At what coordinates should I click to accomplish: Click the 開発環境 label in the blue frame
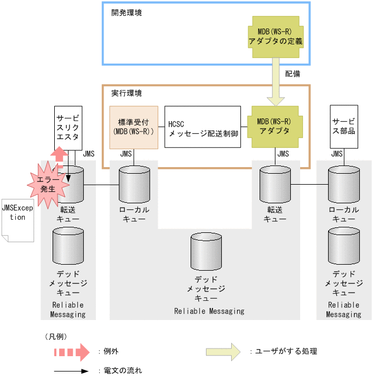click(127, 12)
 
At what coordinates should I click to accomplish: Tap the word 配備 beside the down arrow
click(292, 73)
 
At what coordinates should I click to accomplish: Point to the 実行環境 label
click(127, 93)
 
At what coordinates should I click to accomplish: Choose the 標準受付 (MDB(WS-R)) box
click(134, 127)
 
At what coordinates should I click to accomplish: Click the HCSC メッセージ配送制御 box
click(203, 127)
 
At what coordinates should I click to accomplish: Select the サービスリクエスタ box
click(68, 128)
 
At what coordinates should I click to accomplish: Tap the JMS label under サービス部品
click(337, 155)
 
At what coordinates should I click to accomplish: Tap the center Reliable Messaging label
click(209, 311)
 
